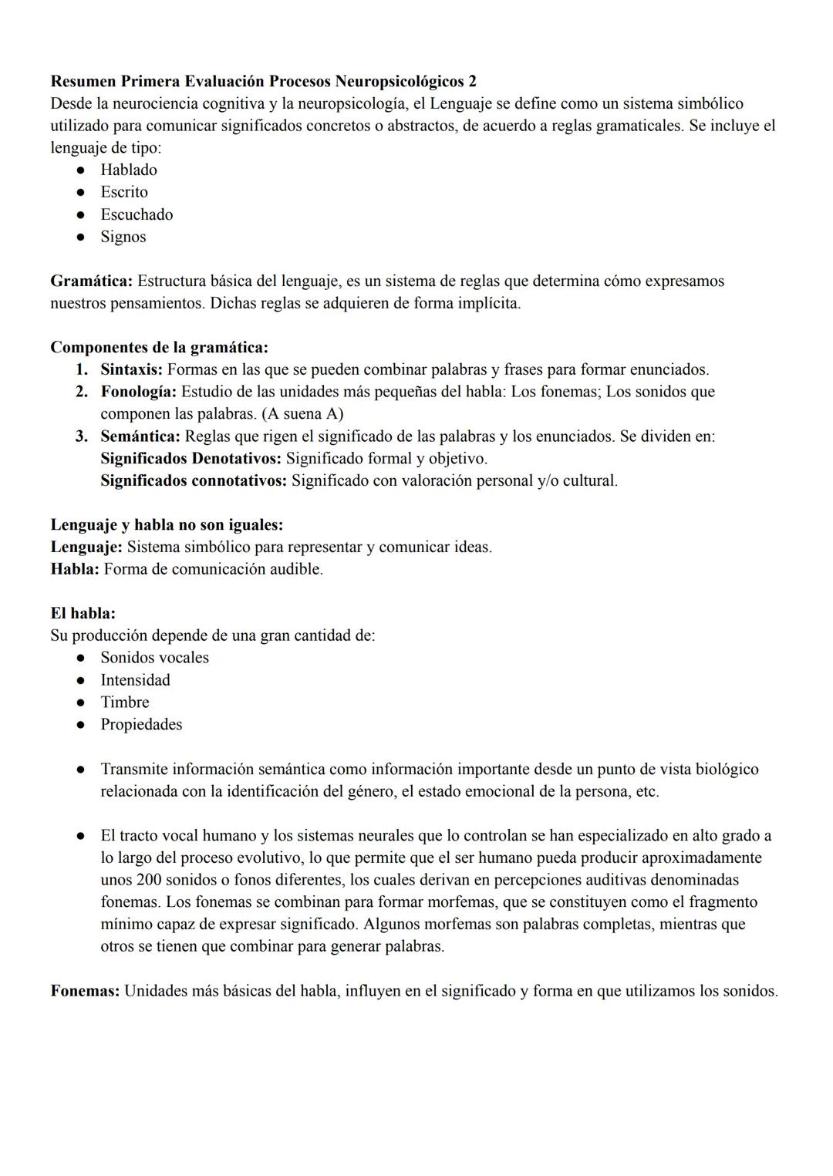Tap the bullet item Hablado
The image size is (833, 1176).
(x=128, y=170)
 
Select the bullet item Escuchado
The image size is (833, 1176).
(x=137, y=214)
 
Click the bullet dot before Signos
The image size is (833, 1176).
(x=79, y=238)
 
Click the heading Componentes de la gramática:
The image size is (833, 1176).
(x=159, y=347)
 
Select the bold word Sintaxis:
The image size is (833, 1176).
(x=131, y=369)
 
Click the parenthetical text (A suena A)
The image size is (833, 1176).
(x=302, y=414)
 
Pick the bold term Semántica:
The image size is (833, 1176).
(x=140, y=436)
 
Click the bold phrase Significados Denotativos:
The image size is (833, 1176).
(x=191, y=459)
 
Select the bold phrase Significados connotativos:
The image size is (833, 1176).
(x=194, y=481)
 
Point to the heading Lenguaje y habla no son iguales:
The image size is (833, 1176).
(x=167, y=525)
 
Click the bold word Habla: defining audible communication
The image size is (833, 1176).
(x=75, y=570)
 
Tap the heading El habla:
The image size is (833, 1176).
(x=83, y=614)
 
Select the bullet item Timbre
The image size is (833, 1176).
(x=124, y=703)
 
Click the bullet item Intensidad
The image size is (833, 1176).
(x=135, y=680)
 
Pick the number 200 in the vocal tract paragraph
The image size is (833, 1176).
(x=148, y=880)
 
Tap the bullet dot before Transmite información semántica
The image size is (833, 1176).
(x=79, y=770)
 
